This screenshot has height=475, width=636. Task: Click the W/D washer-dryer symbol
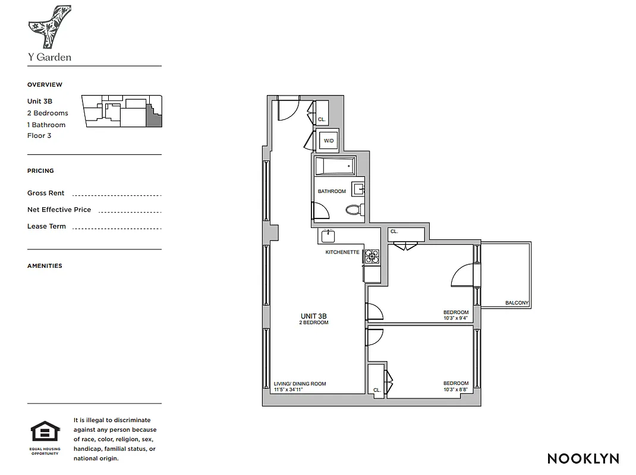329,141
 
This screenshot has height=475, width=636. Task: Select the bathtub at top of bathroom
335,166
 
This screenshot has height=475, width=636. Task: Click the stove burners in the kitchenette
372,256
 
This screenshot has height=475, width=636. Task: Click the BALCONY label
517,303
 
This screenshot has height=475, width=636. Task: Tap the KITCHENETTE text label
342,252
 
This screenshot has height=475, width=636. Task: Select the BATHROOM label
332,191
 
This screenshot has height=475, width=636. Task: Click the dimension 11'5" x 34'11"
292,390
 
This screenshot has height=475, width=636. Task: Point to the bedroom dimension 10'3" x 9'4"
456,318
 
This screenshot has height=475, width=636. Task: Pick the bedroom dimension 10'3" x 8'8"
456,389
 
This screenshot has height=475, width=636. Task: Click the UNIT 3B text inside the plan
314,316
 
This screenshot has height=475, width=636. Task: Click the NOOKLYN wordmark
583,458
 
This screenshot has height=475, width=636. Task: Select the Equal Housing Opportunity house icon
44,432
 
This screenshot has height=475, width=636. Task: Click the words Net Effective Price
59,210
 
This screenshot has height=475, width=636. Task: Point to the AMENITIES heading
45,266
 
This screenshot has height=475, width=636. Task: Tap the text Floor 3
39,135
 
